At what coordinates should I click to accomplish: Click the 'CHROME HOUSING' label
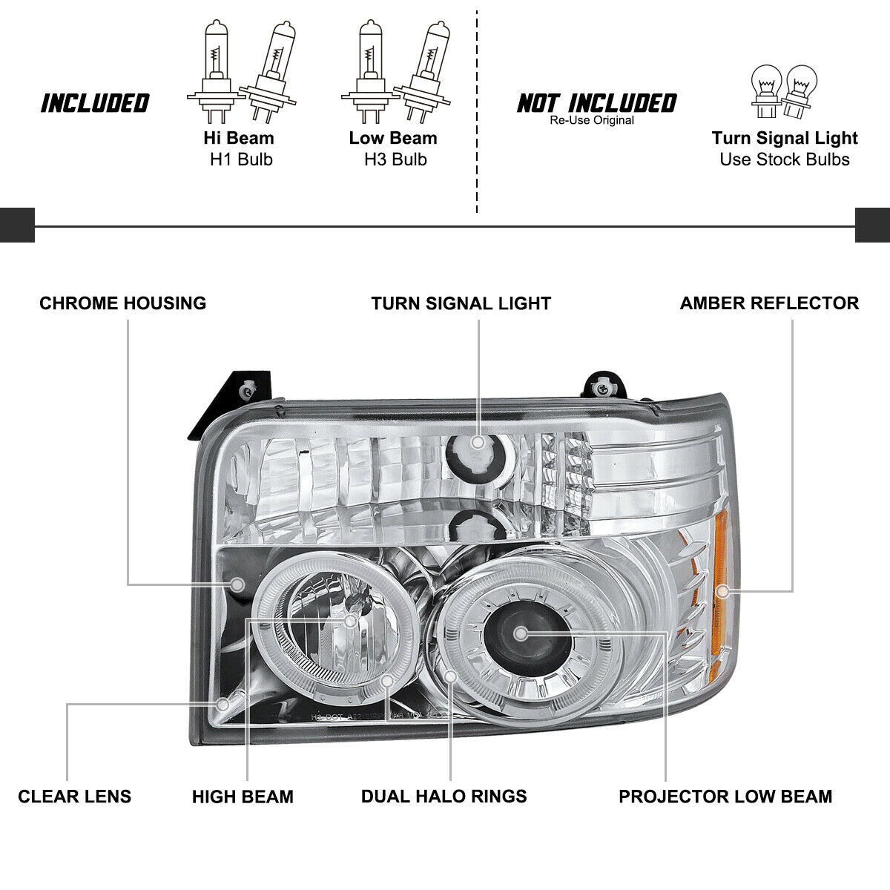pyautogui.click(x=122, y=303)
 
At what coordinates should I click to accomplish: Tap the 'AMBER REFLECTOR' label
pyautogui.click(x=769, y=303)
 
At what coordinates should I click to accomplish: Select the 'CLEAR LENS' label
pyautogui.click(x=74, y=797)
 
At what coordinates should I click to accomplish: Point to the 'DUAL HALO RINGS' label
pyautogui.click(x=444, y=797)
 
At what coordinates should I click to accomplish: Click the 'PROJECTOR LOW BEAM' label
pyautogui.click(x=725, y=797)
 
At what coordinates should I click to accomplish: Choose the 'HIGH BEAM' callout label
pyautogui.click(x=243, y=797)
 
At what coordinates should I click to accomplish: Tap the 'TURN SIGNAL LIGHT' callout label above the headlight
pyautogui.click(x=461, y=303)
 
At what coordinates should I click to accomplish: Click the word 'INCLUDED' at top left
pyautogui.click(x=95, y=104)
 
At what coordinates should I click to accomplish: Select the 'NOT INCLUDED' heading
pyautogui.click(x=596, y=102)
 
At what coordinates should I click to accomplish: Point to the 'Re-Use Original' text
pyautogui.click(x=592, y=120)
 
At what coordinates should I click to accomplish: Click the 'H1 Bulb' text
pyautogui.click(x=240, y=159)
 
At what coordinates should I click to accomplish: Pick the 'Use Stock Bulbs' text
pyautogui.click(x=784, y=159)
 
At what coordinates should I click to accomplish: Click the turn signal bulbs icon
pyautogui.click(x=784, y=90)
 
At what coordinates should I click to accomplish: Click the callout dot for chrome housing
pyautogui.click(x=237, y=585)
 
